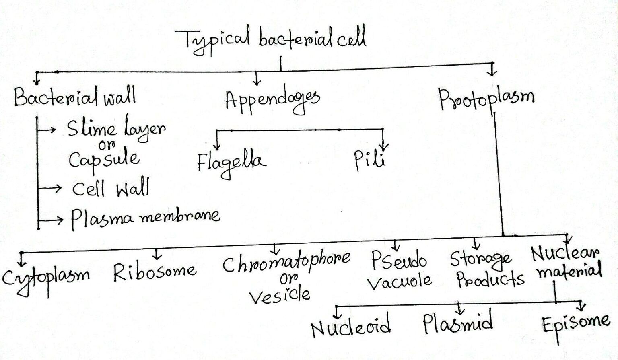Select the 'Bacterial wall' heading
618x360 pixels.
[x=75, y=97]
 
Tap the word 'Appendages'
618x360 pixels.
[x=272, y=101]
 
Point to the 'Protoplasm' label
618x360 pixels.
[x=486, y=99]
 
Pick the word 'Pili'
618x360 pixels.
[x=369, y=161]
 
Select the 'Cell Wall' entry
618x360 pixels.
[x=111, y=188]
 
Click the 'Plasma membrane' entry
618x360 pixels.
[x=145, y=218]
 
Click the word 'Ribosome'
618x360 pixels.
[x=154, y=272]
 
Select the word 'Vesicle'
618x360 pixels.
[x=280, y=296]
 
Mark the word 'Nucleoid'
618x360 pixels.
[x=350, y=326]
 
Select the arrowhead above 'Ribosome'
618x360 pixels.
[x=157, y=256]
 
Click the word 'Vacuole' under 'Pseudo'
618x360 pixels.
[x=399, y=281]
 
